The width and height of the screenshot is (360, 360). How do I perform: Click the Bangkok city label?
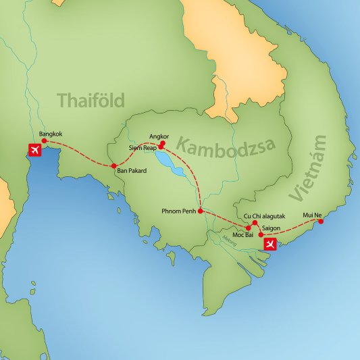pos(51,134)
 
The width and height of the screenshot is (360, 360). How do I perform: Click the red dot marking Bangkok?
pos(44,141)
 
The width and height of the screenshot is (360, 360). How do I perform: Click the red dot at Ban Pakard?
pos(113,165)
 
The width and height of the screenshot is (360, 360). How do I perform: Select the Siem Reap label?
pos(143,147)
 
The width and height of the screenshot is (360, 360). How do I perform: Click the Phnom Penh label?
pos(180,210)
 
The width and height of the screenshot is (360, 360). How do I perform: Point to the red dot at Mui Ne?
pos(320,221)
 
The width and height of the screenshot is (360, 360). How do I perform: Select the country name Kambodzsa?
pos(215,145)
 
